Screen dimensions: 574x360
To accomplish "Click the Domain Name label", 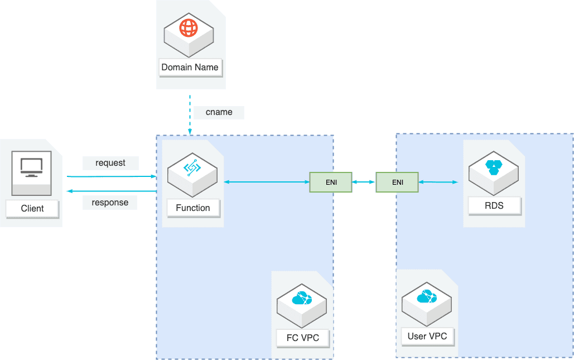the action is coord(190,68).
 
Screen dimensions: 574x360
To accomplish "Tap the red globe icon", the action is coord(189,28).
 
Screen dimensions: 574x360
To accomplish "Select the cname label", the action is coord(219,112).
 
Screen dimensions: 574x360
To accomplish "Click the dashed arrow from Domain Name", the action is coord(190,115).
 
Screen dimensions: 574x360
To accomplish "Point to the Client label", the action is coord(32,209).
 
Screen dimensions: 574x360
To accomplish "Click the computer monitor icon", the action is coord(31,168).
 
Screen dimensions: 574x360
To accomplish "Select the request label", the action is coord(110,163).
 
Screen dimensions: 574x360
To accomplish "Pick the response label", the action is coord(110,203).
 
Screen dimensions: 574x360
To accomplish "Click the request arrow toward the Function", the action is coord(112,176).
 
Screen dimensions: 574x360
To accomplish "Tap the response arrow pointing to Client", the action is coord(112,191).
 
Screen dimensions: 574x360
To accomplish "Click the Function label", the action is coord(193,208).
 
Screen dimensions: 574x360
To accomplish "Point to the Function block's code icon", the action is coord(192,168).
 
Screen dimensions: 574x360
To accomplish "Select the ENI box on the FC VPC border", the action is coord(331,182).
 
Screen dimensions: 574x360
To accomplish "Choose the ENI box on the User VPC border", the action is coord(397,182).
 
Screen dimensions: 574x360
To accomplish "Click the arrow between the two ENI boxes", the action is coord(364,182).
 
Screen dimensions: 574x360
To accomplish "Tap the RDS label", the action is coord(494,206).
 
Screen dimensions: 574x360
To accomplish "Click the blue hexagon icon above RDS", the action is coord(494,167).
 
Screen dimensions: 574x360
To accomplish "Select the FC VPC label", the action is coord(303,338).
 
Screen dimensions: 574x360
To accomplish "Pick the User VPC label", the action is coord(427,337).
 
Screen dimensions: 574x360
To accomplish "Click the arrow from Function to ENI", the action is coord(267,182).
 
